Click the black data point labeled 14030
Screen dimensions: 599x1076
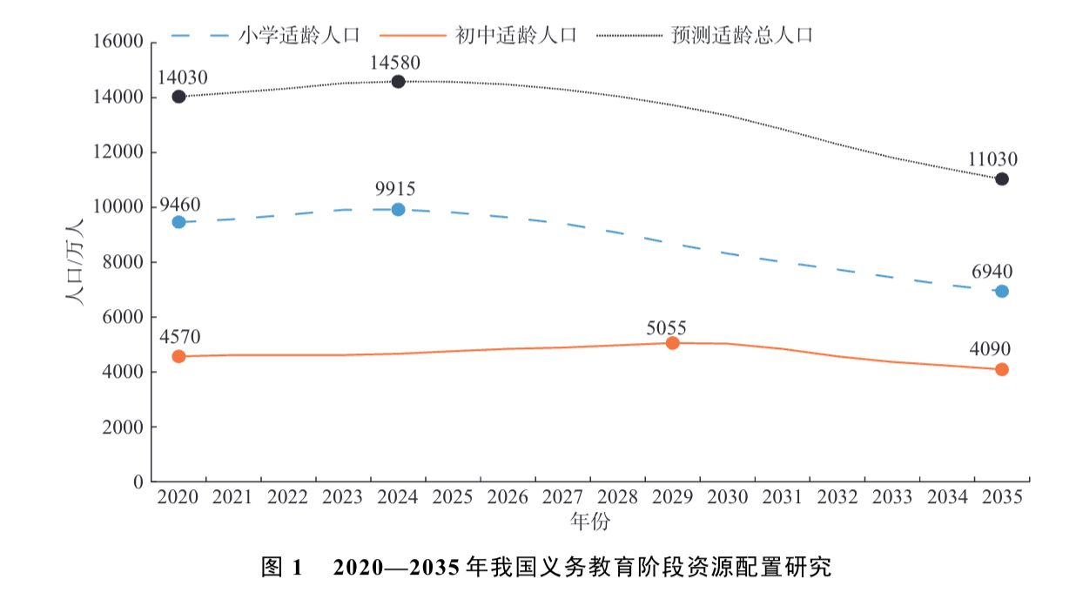pos(178,97)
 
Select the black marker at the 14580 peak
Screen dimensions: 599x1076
pos(398,82)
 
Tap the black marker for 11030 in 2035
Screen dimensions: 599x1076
pos(1002,178)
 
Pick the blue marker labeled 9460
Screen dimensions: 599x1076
pos(178,222)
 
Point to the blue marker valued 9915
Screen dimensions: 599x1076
pos(398,209)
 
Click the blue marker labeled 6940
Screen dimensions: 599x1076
pos(1002,291)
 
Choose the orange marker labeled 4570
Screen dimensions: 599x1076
pos(178,356)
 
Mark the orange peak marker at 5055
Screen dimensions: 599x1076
pos(672,343)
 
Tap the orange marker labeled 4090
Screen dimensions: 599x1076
pos(1002,369)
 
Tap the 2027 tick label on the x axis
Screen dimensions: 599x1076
pos(562,497)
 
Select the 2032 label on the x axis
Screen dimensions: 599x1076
pos(837,497)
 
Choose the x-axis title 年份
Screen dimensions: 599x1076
pos(590,521)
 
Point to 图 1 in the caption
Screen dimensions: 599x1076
pos(281,569)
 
